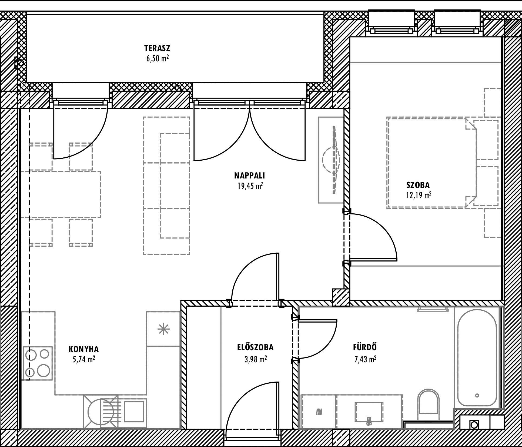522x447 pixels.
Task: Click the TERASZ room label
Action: (157, 48)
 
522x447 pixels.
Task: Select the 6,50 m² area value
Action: (158, 59)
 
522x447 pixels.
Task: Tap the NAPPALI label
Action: (250, 176)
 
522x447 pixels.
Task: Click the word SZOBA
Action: (418, 185)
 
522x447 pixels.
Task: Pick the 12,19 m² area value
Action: (419, 195)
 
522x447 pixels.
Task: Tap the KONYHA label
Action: (84, 349)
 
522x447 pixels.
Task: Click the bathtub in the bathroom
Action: (477, 361)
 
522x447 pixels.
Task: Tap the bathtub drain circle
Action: (477, 395)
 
